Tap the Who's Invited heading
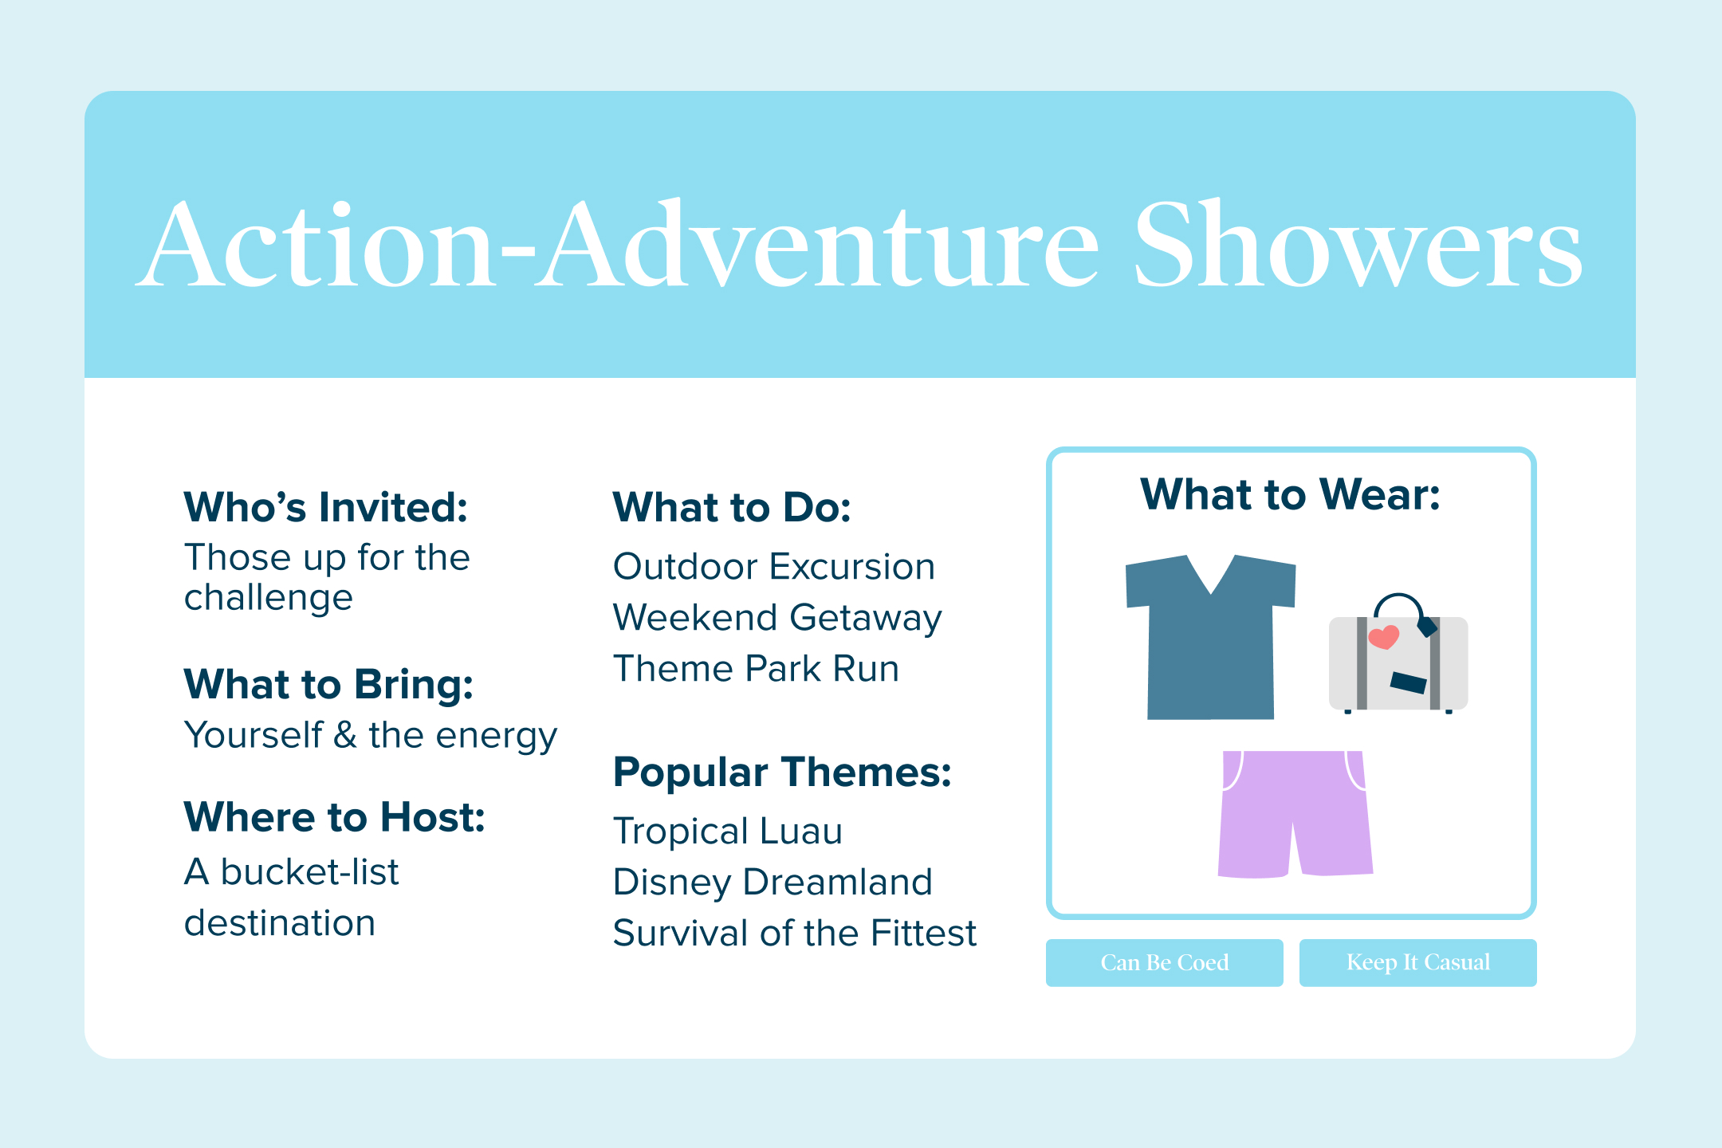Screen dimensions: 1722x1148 (326, 507)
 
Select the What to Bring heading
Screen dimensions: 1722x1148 (328, 686)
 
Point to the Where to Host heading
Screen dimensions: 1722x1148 (335, 817)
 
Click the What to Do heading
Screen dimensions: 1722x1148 (732, 508)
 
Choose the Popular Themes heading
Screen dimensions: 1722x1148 (782, 773)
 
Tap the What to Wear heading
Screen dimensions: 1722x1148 (1291, 494)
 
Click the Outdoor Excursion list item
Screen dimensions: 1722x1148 (774, 567)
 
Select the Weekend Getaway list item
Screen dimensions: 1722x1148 (777, 619)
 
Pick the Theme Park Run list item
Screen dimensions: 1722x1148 (756, 669)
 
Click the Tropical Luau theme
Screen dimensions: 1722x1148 (728, 832)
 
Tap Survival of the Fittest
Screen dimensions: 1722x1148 (795, 934)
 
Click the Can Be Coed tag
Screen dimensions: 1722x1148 (1165, 963)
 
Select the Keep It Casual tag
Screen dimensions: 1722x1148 (1418, 963)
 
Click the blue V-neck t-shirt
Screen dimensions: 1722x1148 (1210, 638)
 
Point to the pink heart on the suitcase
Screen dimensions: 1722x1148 (1383, 637)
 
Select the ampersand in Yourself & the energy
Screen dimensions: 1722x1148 (345, 735)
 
